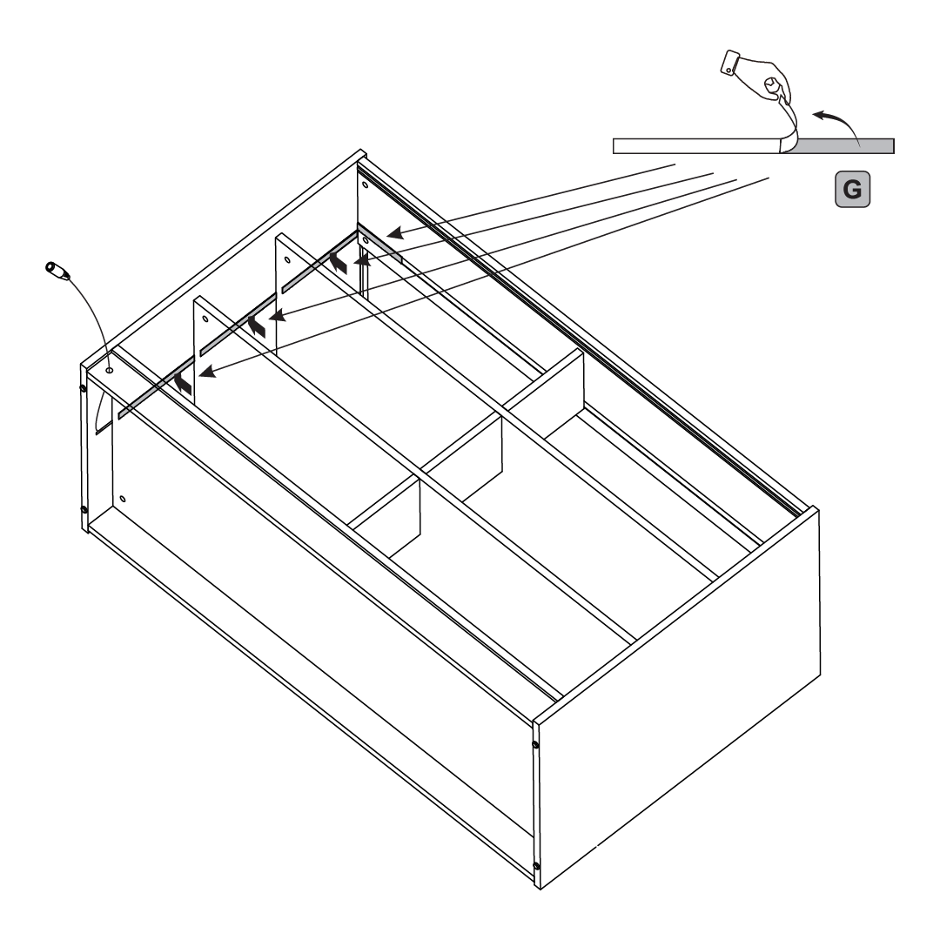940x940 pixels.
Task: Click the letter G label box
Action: click(852, 190)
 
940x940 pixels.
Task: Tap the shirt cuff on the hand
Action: click(730, 63)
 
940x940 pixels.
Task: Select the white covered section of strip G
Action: click(696, 145)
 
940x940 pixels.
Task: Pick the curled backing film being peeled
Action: click(789, 127)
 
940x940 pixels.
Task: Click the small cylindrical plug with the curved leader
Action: click(57, 271)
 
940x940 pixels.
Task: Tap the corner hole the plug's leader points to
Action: click(109, 371)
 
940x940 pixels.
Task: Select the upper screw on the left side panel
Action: click(84, 388)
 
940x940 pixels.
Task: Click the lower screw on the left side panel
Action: click(84, 509)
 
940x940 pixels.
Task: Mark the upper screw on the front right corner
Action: click(534, 744)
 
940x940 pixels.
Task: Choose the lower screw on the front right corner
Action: click(536, 866)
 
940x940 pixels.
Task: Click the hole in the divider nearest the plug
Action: click(205, 319)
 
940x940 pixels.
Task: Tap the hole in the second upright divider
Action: click(287, 260)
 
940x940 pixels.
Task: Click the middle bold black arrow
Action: click(257, 326)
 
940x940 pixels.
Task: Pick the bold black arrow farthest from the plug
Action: click(338, 263)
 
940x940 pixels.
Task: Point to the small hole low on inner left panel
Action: click(123, 499)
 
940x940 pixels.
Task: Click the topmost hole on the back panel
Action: click(366, 184)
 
